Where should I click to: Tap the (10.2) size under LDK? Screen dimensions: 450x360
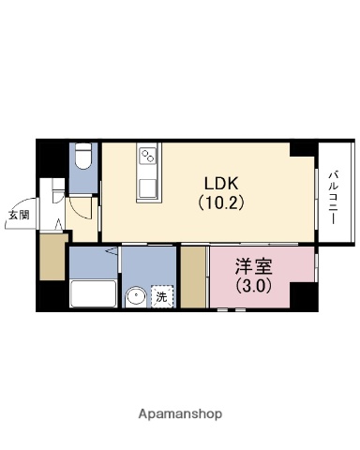pos(221,202)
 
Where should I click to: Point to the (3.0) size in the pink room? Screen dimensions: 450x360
pos(251,286)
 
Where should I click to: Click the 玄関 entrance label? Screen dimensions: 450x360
pos(19,215)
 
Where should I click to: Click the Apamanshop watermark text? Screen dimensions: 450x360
pos(179,413)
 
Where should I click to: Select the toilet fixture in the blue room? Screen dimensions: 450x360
pos(83,156)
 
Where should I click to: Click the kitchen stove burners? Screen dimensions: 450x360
pos(148,157)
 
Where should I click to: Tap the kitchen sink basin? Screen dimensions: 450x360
pos(148,187)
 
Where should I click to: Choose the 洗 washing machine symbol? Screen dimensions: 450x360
pos(161,297)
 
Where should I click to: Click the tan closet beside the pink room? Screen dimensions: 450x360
pos(194,277)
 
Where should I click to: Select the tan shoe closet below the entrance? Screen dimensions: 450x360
pos(52,257)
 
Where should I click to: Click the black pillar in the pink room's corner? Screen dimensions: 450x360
pos(303,298)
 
